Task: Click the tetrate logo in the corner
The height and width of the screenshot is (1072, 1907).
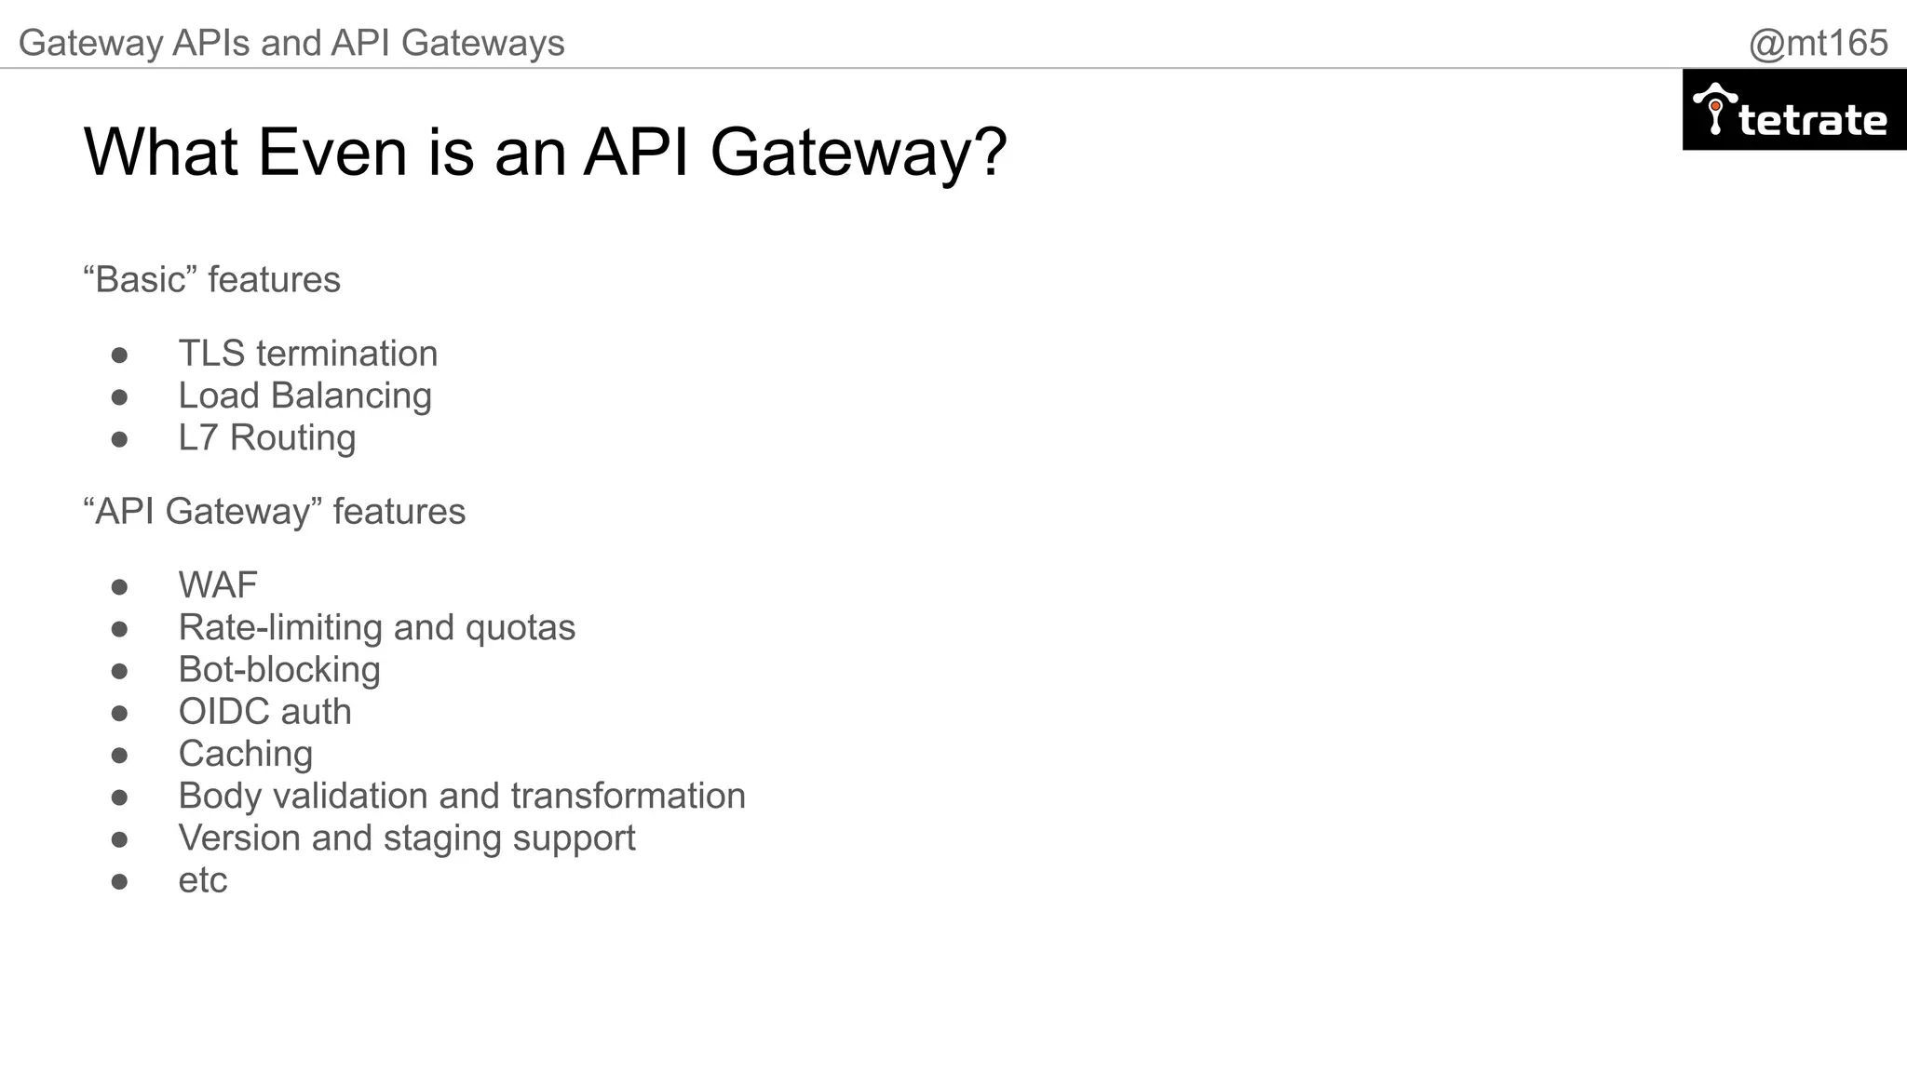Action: [1793, 110]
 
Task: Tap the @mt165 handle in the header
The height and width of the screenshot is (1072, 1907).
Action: [1817, 43]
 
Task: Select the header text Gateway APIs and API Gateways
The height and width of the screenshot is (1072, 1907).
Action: [291, 43]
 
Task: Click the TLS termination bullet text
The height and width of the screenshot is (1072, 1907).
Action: [307, 354]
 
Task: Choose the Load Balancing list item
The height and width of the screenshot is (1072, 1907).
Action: [304, 395]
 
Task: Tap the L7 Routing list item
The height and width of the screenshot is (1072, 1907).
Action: [266, 437]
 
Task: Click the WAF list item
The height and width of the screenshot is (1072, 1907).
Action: [217, 585]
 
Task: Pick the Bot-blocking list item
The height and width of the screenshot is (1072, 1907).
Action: [279, 669]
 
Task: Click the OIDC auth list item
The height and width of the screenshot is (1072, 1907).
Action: [264, 712]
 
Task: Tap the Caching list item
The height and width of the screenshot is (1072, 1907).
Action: [245, 754]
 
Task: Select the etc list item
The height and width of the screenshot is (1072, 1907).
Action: [202, 880]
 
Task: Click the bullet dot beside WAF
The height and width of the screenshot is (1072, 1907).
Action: [119, 587]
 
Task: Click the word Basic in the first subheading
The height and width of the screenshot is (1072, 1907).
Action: [140, 279]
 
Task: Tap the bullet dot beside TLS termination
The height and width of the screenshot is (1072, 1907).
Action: [119, 355]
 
